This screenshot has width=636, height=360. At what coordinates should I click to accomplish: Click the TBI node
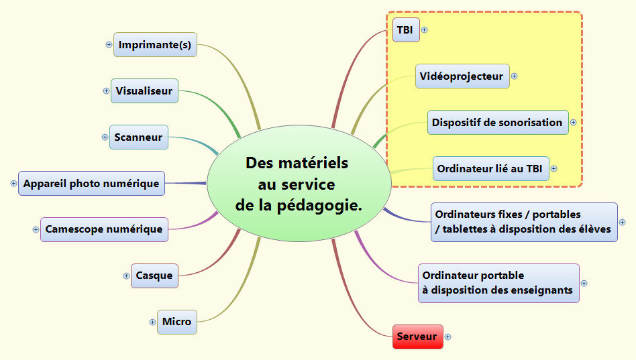[405, 29]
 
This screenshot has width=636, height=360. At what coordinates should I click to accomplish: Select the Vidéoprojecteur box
[462, 76]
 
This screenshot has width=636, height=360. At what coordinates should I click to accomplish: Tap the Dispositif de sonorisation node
[497, 123]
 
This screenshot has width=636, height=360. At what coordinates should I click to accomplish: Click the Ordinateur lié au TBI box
[490, 169]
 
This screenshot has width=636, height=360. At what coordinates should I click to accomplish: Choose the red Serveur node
[417, 337]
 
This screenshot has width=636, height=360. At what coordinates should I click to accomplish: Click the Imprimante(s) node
[155, 45]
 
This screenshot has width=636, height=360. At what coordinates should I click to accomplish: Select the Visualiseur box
[144, 91]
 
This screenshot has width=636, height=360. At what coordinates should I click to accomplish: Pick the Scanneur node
[139, 137]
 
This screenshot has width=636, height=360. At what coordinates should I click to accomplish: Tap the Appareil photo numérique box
[91, 183]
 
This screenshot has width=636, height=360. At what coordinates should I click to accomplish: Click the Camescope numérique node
[104, 229]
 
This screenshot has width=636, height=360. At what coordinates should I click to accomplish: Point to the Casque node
[154, 276]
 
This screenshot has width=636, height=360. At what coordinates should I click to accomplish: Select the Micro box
[177, 322]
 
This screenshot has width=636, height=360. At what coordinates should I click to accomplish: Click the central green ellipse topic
[299, 184]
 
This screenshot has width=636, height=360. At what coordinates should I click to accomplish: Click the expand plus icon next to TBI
[424, 29]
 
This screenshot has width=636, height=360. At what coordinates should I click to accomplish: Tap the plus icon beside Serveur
[448, 337]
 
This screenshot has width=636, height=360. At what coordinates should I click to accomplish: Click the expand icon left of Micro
[152, 322]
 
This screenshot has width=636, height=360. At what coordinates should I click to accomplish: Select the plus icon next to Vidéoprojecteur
[515, 76]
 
